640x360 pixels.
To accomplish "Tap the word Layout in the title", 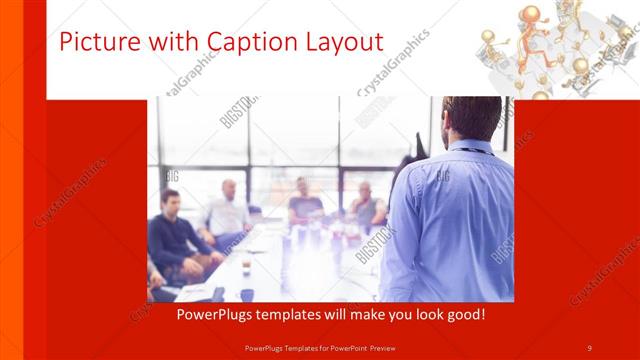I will tap(343, 42).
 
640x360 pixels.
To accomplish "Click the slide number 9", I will tap(589, 347).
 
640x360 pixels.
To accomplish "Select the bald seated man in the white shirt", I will tap(228, 211).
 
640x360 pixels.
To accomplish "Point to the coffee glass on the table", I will tap(246, 268).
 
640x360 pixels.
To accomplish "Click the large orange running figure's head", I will tap(530, 14).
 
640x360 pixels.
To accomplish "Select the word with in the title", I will tap(173, 42).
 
